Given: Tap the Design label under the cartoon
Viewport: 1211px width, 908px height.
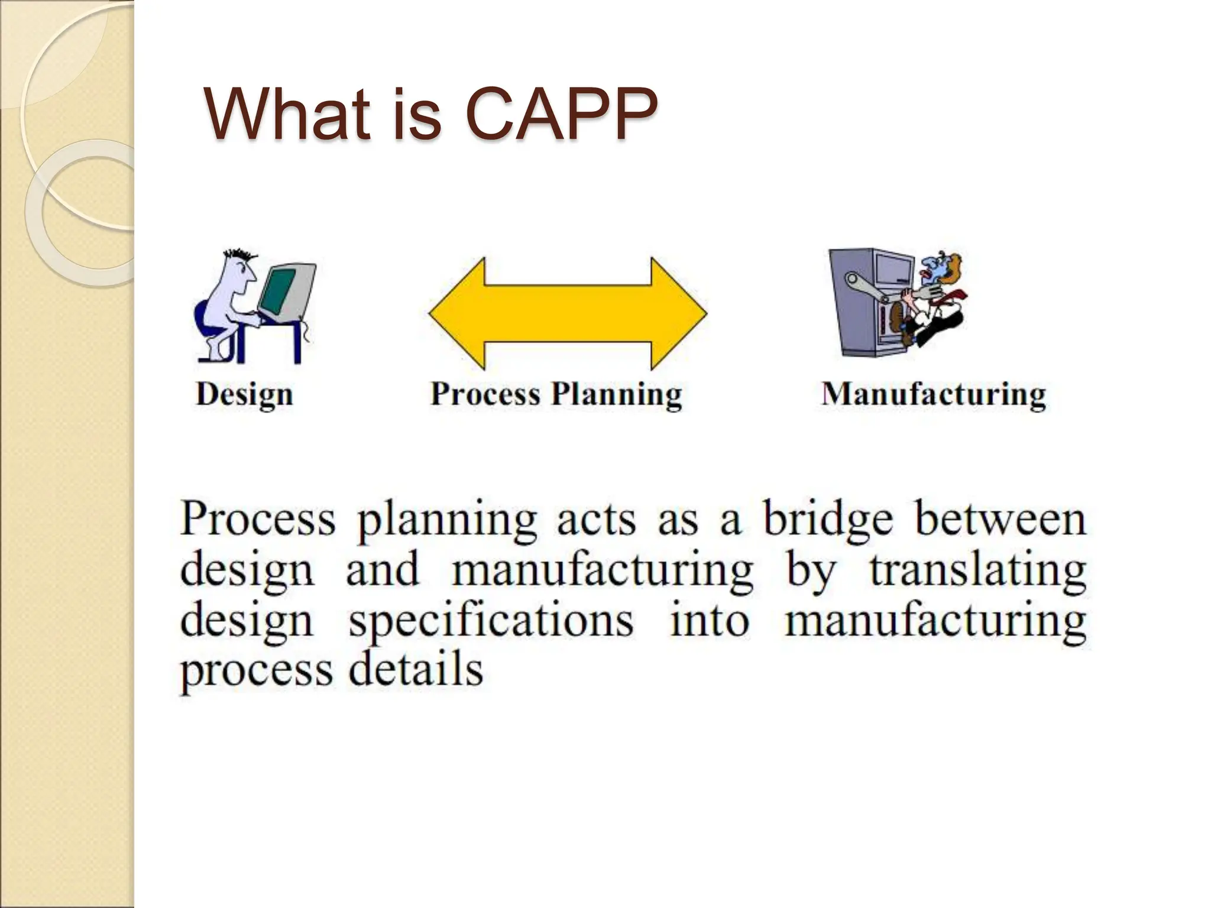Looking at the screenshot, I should tap(244, 394).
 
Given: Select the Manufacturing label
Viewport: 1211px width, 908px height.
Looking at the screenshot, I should tap(934, 394).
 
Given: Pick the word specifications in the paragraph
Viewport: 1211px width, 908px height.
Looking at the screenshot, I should tap(491, 621).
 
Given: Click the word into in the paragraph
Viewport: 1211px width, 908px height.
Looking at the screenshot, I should tap(709, 621).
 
